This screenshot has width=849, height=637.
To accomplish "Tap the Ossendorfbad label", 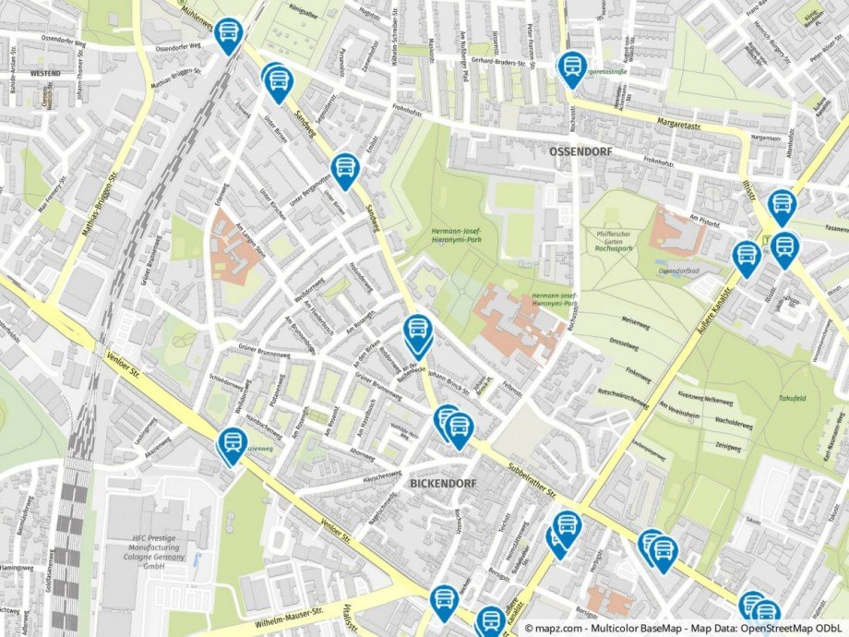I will pyautogui.click(x=679, y=271).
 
